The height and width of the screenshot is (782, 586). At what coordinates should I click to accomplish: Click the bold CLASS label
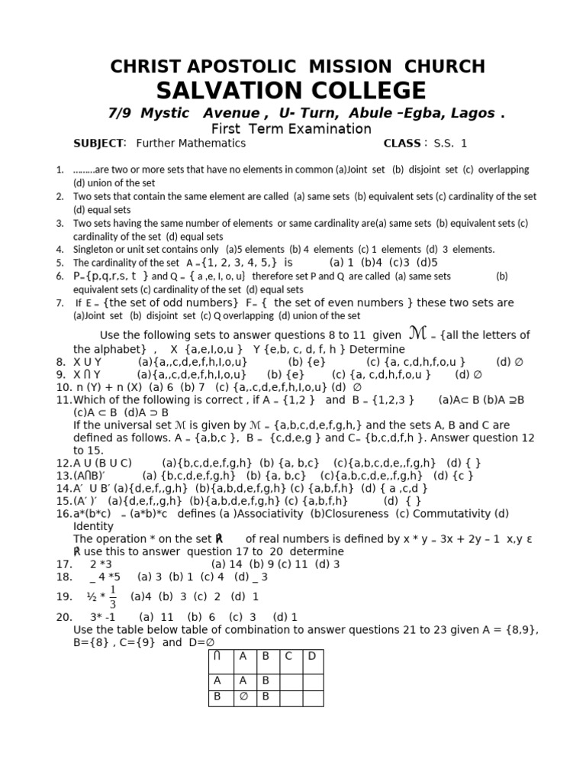402,143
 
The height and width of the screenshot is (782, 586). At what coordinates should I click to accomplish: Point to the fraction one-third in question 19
114,596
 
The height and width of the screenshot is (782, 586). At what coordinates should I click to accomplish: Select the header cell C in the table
288,656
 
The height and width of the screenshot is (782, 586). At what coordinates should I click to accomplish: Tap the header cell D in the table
311,656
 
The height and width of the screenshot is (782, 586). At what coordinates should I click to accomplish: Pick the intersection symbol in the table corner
218,656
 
